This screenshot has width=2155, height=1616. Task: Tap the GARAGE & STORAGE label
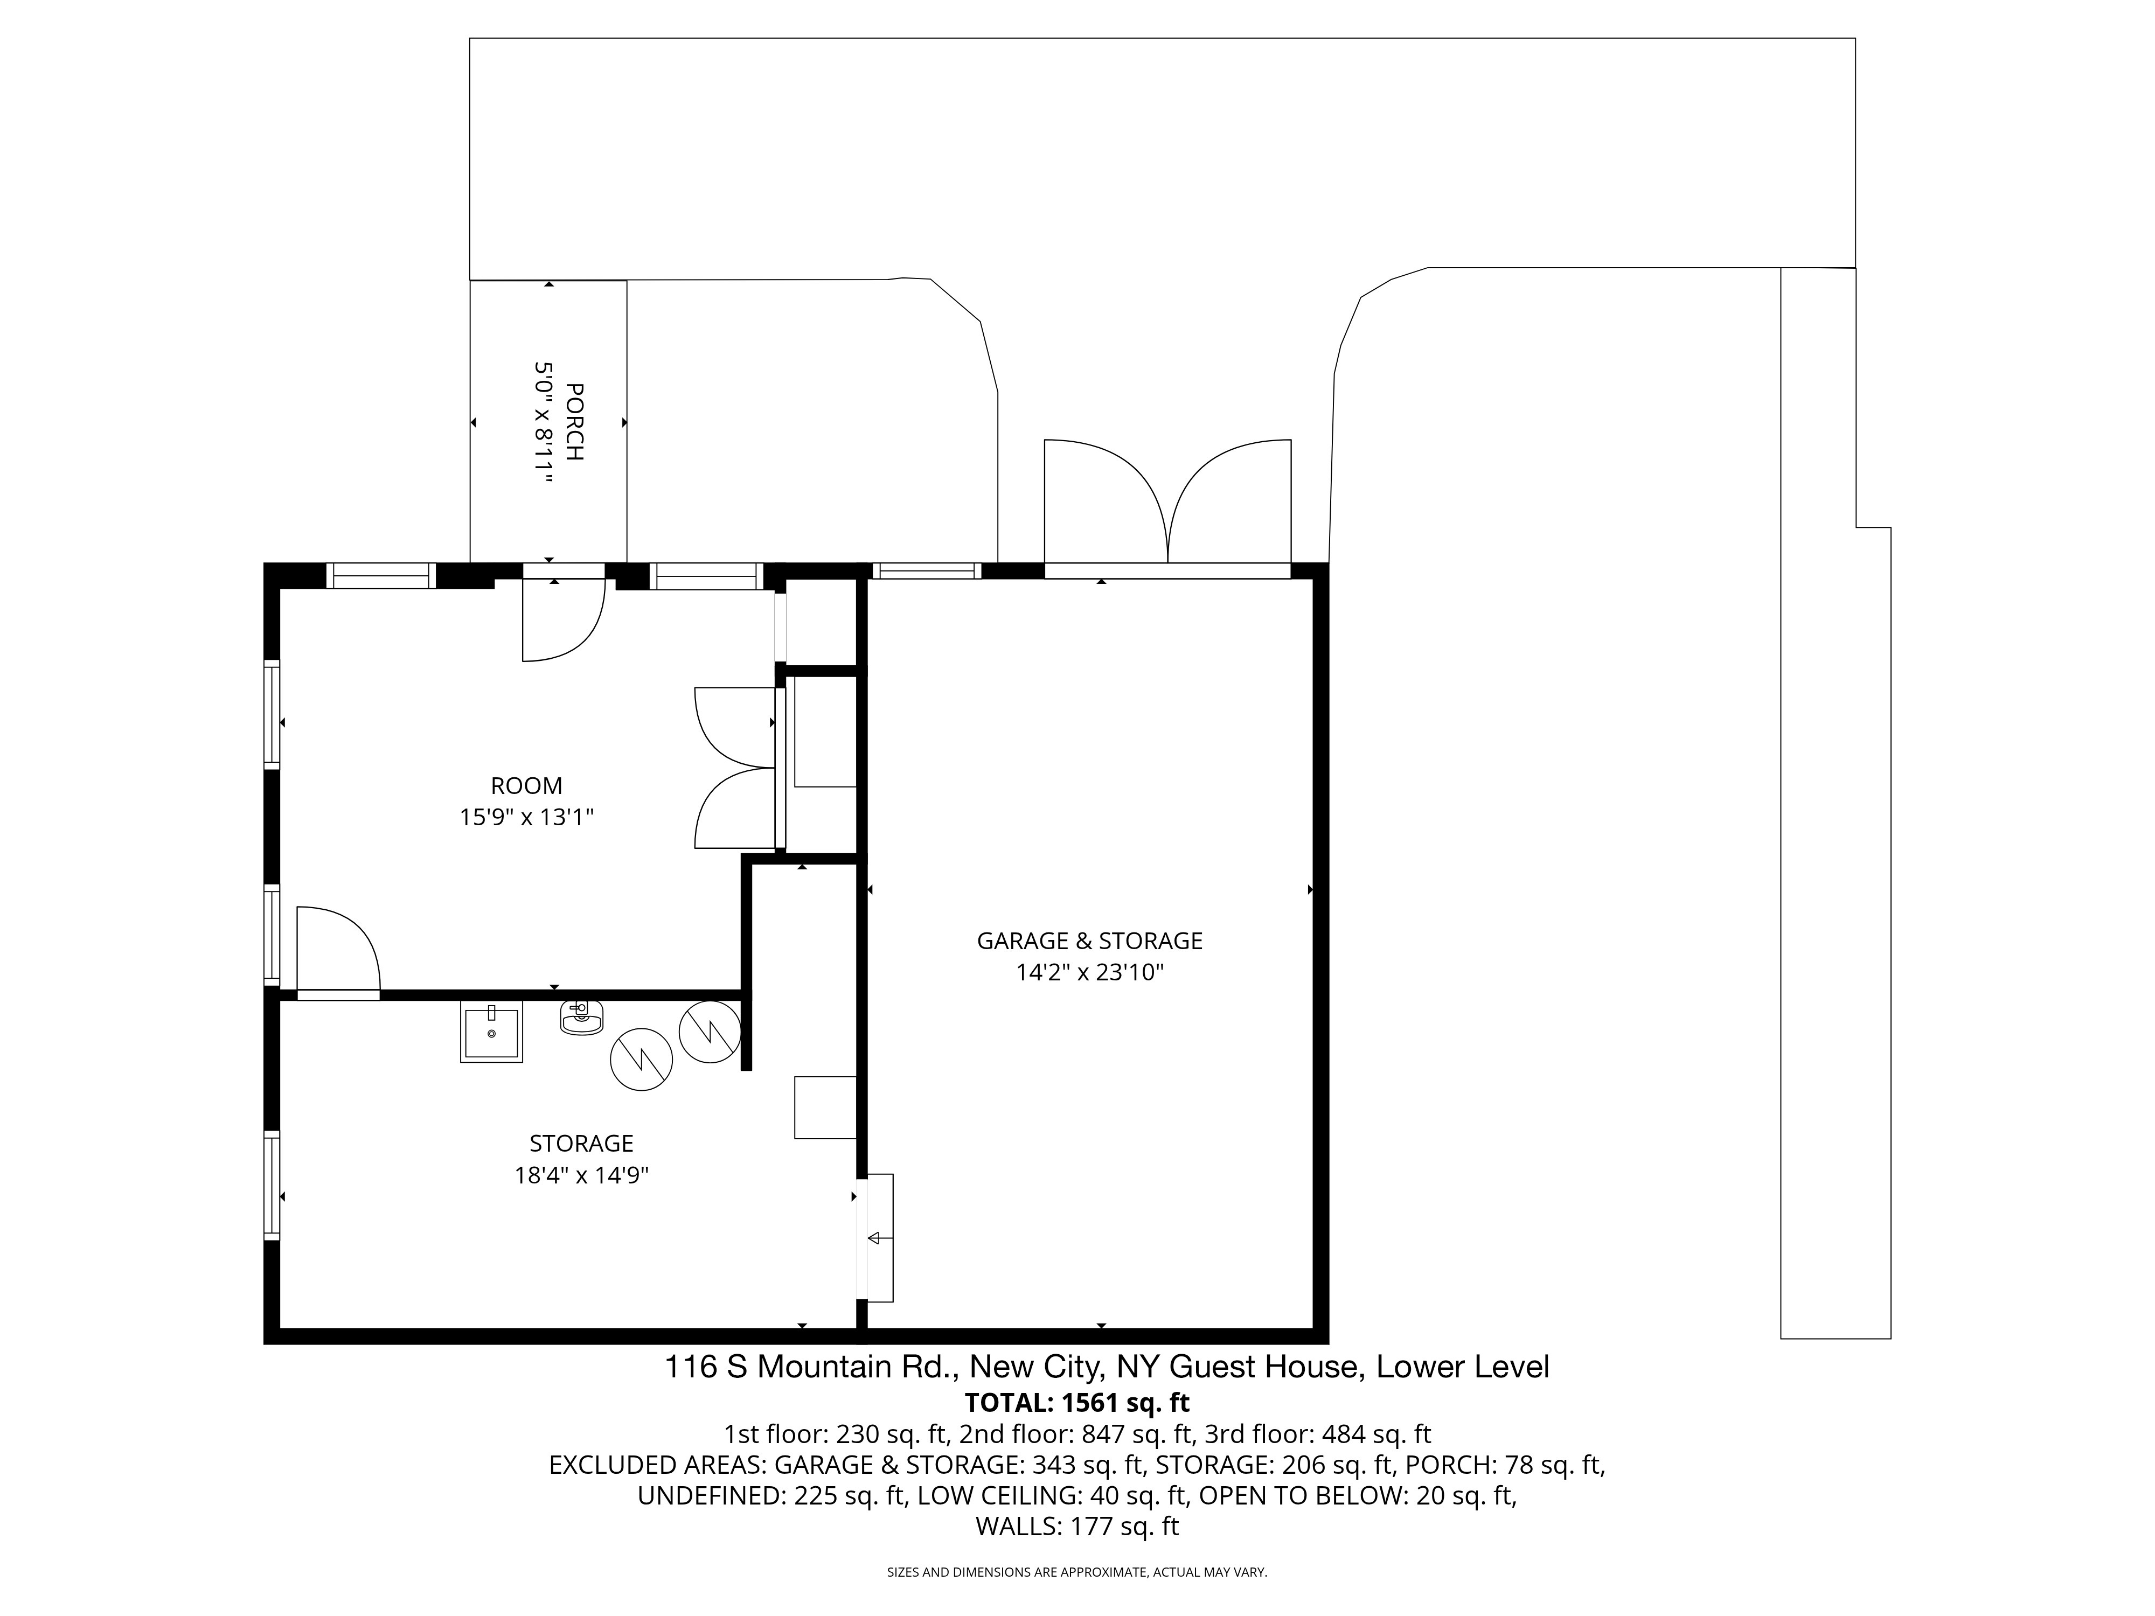(x=1090, y=941)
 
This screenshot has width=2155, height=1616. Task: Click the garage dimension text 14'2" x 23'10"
(x=1090, y=972)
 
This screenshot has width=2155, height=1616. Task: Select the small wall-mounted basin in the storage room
(x=582, y=1018)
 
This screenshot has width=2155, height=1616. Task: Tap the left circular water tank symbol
(x=641, y=1059)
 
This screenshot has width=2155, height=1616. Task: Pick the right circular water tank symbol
(x=710, y=1032)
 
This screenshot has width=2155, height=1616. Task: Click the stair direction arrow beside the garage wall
(x=874, y=1238)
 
